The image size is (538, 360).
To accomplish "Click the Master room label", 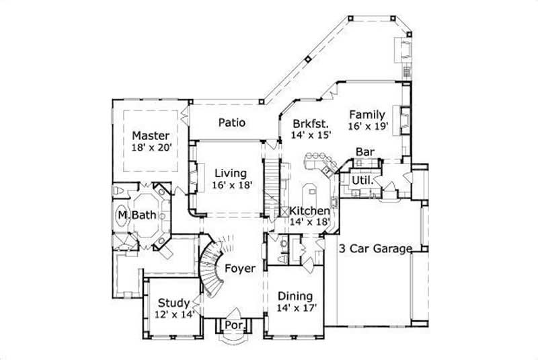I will pos(149,134).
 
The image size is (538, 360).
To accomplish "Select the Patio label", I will pos(231,123).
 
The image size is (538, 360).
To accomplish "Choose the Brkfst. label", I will pos(311,124).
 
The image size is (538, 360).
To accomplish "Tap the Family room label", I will pos(367,114).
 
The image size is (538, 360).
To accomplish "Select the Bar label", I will pos(364,152).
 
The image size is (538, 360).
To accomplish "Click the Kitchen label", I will pos(310,211).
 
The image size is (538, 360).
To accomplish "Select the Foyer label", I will pos(240,268).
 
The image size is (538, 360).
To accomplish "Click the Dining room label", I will pos(295,296).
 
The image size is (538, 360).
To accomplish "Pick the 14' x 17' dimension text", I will pos(295,308).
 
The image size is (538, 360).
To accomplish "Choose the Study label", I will pos(173,303).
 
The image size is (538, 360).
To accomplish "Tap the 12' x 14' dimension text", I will pos(173,314).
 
